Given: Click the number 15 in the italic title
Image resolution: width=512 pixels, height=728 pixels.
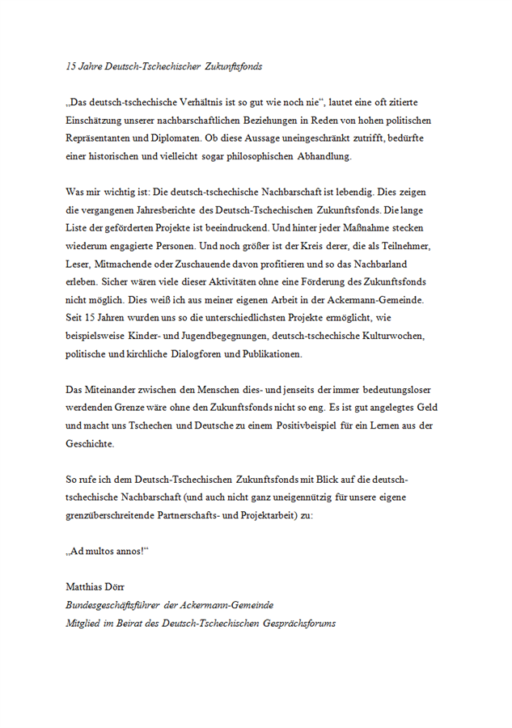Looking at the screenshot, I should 71,66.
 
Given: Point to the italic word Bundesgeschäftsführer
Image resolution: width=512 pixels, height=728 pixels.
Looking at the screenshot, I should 118,604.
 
